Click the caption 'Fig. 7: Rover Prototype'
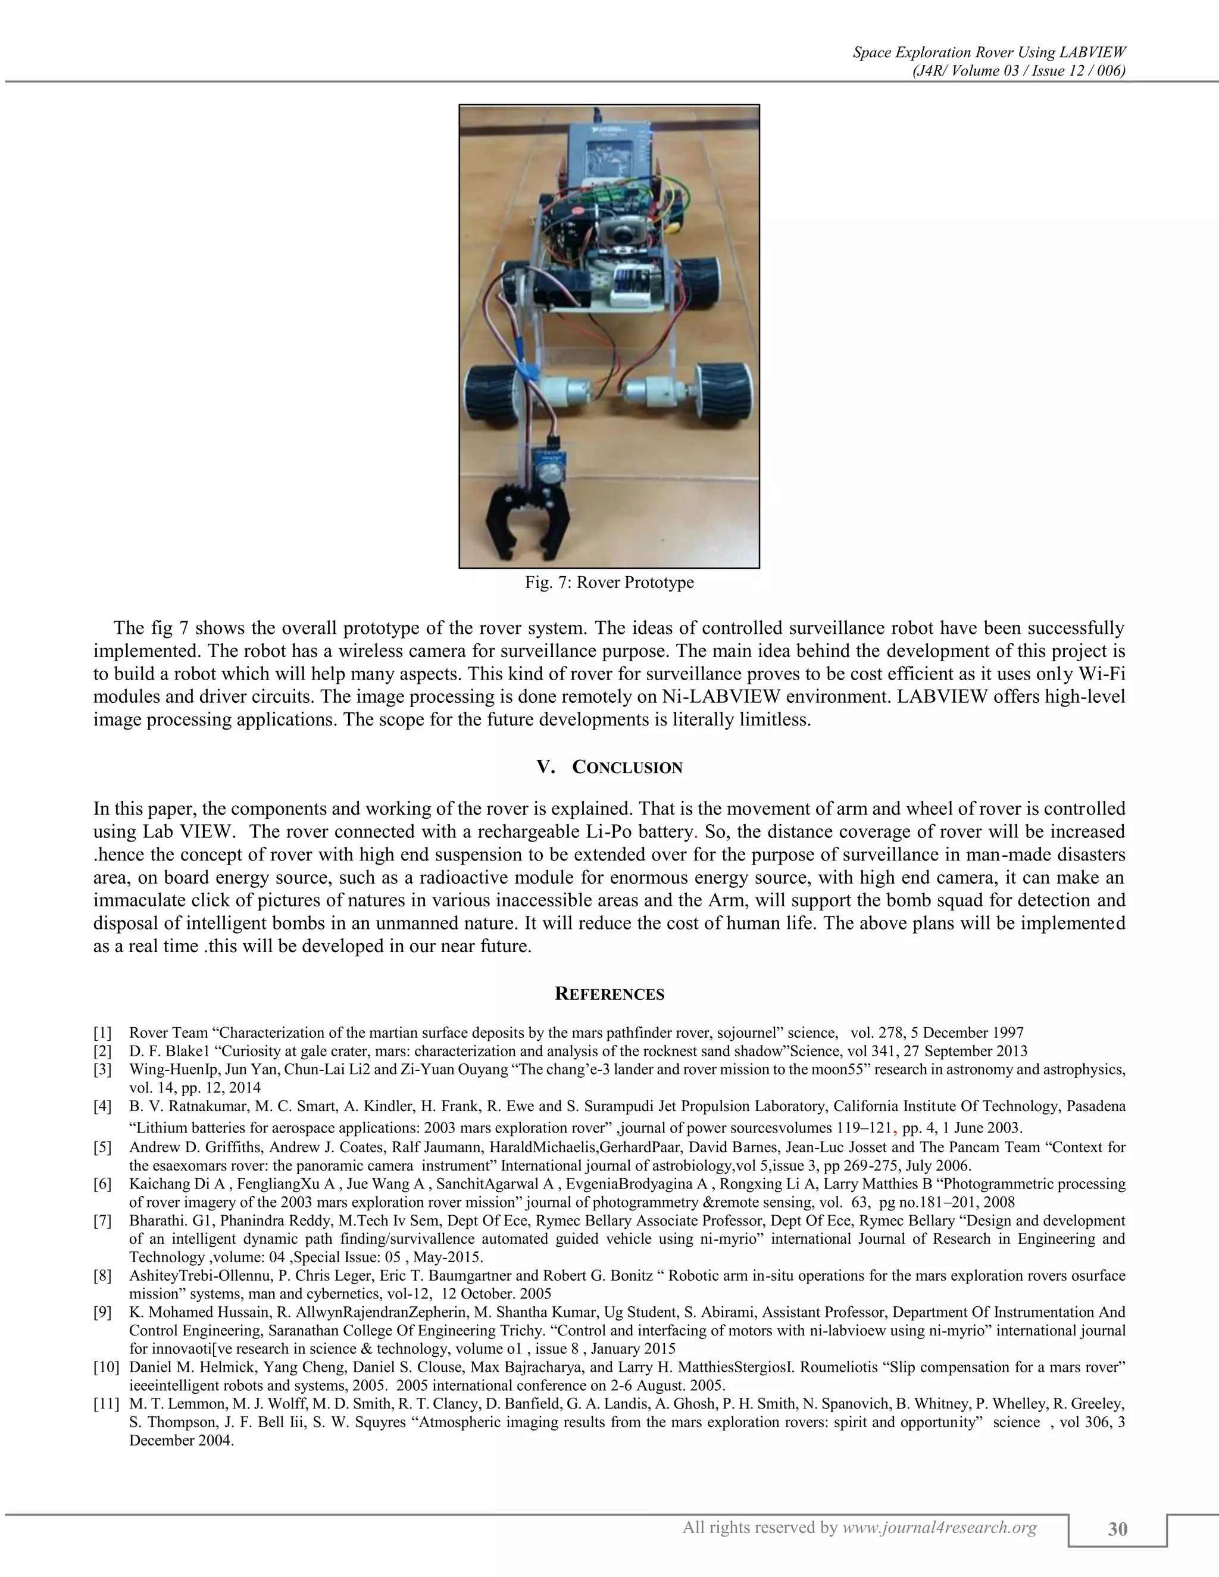609,582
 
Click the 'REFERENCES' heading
609,994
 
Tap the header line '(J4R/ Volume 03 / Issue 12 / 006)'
1018,70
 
